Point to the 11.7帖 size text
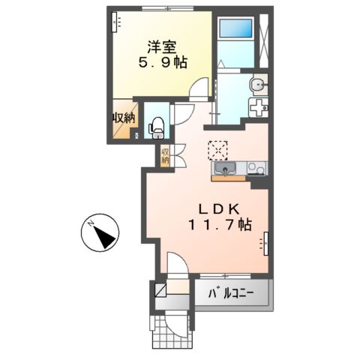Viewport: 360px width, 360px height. (x=219, y=225)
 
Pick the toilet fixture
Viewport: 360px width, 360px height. (x=156, y=128)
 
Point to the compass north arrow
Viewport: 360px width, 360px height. (x=101, y=234)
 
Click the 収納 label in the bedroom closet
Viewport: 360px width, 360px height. (x=123, y=118)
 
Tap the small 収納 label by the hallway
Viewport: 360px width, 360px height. (x=165, y=155)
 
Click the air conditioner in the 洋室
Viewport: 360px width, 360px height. (x=116, y=24)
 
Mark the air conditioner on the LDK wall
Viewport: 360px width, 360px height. (x=266, y=241)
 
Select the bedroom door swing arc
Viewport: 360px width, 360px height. (x=197, y=90)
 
